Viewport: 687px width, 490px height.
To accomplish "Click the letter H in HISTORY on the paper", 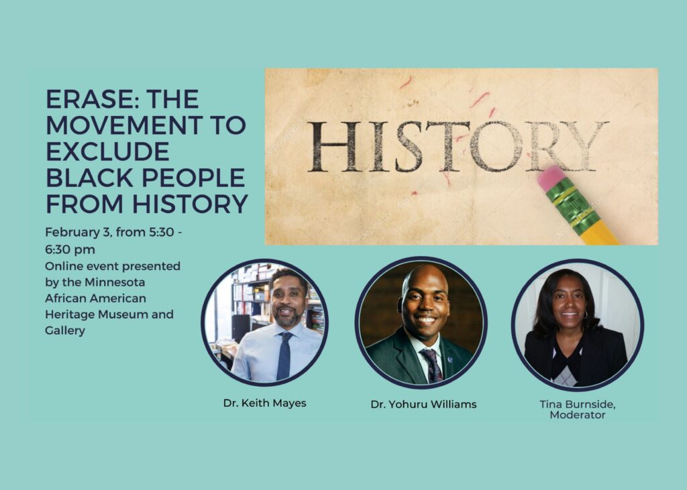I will (330, 146).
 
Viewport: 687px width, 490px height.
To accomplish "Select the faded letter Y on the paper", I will (586, 145).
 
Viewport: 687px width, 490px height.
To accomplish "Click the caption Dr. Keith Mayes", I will (264, 404).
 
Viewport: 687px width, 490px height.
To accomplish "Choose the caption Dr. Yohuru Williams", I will (423, 404).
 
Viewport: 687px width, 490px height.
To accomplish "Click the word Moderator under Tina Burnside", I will (577, 415).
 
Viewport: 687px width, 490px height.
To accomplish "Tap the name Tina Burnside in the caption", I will (577, 404).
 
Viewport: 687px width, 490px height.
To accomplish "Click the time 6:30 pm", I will (70, 249).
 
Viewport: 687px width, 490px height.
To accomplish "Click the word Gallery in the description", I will (65, 330).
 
